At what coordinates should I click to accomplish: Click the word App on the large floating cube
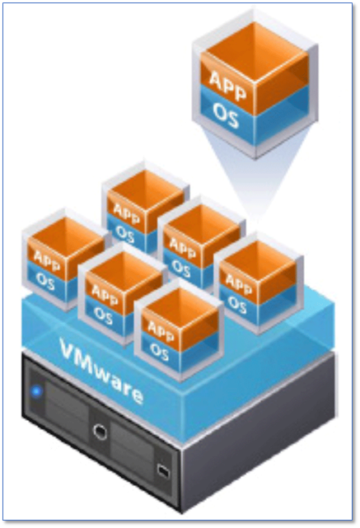pyautogui.click(x=227, y=86)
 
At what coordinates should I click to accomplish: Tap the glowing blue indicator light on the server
pyautogui.click(x=36, y=391)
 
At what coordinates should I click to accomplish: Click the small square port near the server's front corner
pyautogui.click(x=162, y=470)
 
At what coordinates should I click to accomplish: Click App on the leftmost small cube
pyautogui.click(x=47, y=260)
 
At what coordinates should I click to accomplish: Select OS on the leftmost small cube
pyautogui.click(x=45, y=281)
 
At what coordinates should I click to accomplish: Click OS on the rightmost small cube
pyautogui.click(x=237, y=304)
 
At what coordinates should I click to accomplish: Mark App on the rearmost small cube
pyautogui.click(x=126, y=213)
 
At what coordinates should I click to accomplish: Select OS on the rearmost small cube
pyautogui.click(x=124, y=233)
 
